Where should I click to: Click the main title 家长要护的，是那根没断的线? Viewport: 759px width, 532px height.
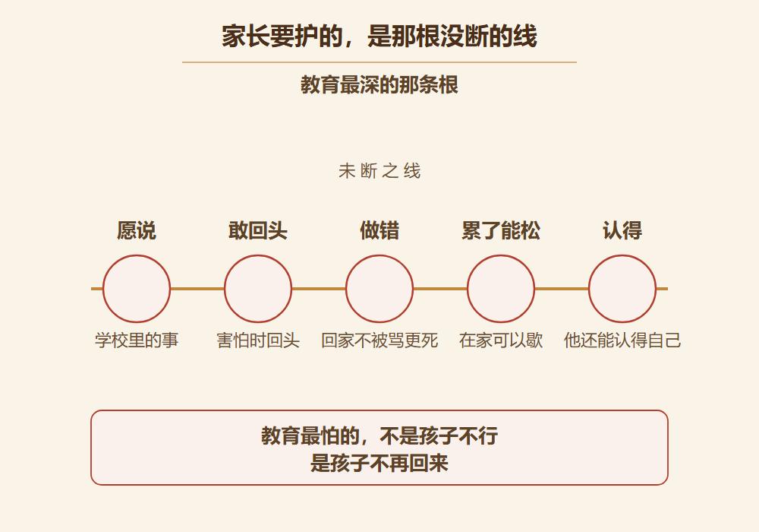coord(379,36)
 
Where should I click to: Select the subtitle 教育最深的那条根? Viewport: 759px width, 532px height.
coord(379,85)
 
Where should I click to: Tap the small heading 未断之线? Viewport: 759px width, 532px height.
coord(379,171)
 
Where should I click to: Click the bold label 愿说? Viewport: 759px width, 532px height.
coord(137,230)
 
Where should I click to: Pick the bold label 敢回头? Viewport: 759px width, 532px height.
coord(258,230)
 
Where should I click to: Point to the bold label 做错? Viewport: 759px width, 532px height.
coord(379,230)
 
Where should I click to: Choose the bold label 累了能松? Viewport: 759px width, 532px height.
coord(501,230)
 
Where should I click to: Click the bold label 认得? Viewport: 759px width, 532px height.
coord(622,230)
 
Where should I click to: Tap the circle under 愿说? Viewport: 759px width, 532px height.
coord(137,255)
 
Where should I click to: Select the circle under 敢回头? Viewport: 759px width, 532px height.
coord(258,255)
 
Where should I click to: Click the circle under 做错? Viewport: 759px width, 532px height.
coord(379,255)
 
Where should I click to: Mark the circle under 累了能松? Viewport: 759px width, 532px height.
coord(501,255)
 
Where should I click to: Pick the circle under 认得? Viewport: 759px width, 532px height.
coord(622,255)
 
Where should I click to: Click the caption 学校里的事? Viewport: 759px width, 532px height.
coord(137,340)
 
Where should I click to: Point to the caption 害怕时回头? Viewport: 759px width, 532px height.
coord(258,340)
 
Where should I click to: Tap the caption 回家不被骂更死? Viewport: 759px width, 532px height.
coord(379,340)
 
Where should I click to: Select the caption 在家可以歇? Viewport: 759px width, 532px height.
coord(501,340)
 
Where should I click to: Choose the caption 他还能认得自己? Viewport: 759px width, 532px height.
coord(622,340)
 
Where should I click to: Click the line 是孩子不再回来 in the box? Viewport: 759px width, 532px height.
coord(379,463)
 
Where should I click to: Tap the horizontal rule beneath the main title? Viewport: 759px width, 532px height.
coord(379,62)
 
